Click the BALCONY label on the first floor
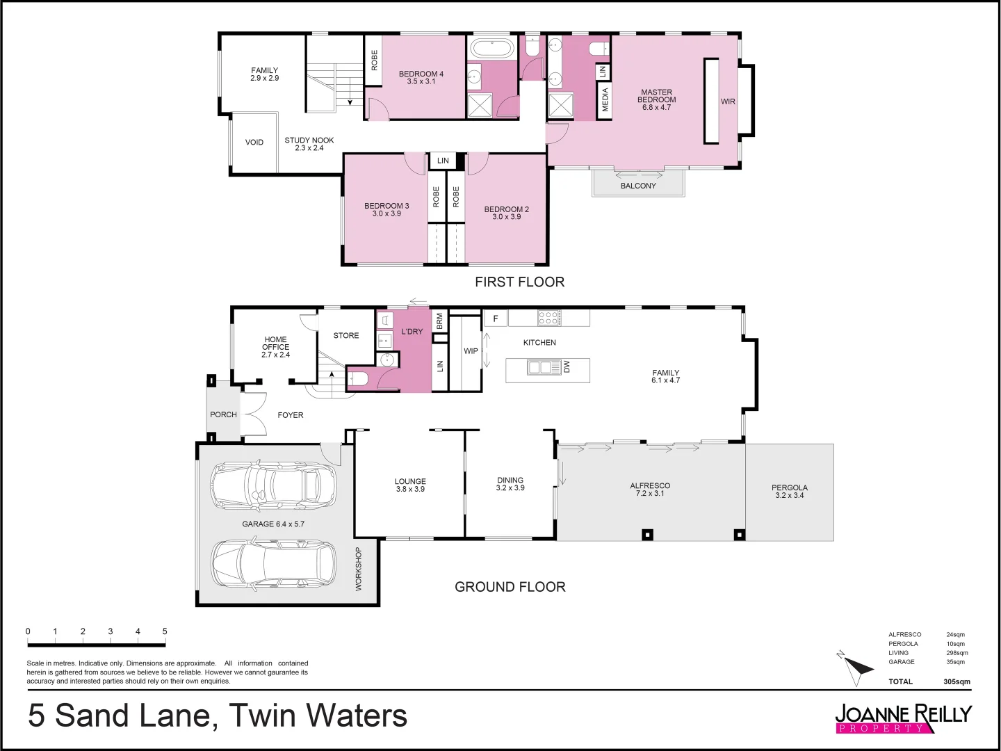click(638, 186)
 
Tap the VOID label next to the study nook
click(254, 143)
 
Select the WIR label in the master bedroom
click(728, 102)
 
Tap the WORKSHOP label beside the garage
click(359, 570)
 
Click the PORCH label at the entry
click(223, 414)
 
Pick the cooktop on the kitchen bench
click(549, 318)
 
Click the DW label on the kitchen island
click(567, 366)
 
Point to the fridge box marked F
click(496, 318)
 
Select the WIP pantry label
click(471, 351)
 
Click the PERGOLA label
click(790, 487)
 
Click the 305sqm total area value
click(957, 681)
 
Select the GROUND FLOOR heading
click(510, 587)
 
